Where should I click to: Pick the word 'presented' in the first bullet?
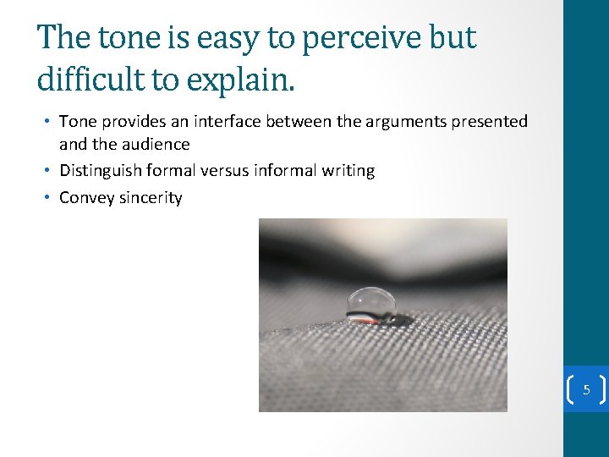490,122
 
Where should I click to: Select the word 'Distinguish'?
100,171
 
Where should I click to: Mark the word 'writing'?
349,171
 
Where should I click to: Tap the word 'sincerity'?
150,198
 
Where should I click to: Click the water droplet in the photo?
372,304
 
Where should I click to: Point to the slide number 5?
585,391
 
